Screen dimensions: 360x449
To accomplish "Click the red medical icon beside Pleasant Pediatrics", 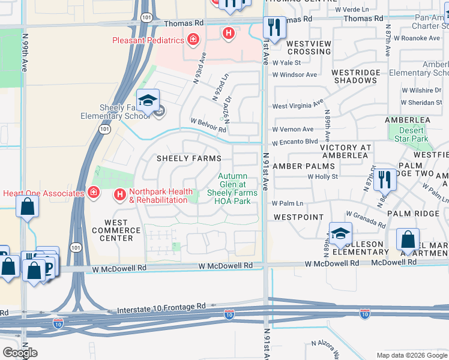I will coord(193,41).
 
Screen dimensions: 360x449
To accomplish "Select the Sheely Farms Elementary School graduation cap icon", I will coord(147,101).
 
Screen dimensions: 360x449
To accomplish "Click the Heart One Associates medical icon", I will coord(93,193).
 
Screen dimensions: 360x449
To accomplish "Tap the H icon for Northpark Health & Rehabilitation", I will coord(120,194).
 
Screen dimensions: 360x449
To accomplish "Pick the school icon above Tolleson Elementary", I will coord(340,234).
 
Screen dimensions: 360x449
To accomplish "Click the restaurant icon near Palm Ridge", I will coord(384,179).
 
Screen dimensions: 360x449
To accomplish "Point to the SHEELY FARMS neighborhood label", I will coord(181,158).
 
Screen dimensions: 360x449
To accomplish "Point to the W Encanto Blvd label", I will coord(295,143).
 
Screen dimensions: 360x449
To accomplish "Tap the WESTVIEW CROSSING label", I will coord(309,47).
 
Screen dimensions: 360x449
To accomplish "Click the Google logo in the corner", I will coord(20,352).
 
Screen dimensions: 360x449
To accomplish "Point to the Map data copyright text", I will coord(411,355).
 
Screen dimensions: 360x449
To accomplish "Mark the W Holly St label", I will coord(323,176).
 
